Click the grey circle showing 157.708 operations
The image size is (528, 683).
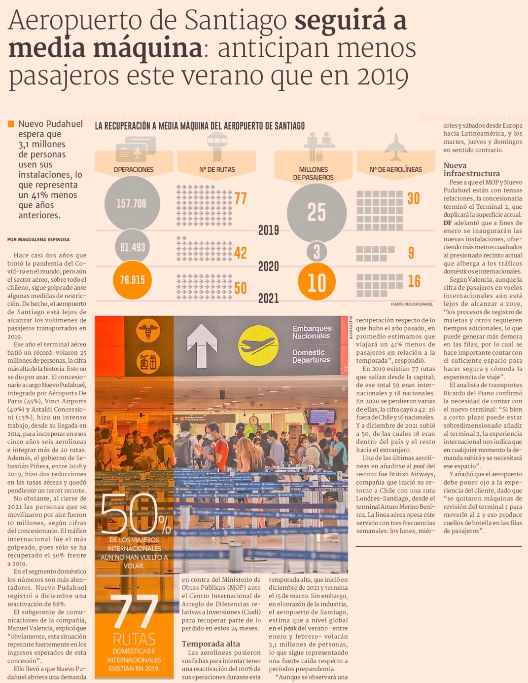click(132, 203)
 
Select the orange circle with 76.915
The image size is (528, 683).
click(132, 280)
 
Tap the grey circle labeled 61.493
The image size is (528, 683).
click(132, 247)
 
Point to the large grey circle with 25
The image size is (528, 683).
click(317, 211)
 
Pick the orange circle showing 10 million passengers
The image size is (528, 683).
click(317, 283)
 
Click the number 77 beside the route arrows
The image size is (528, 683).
click(241, 198)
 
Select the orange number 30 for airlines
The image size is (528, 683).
click(414, 198)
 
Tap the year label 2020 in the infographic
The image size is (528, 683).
click(269, 266)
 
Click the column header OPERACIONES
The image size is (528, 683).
click(133, 169)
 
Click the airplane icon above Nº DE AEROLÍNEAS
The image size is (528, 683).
click(395, 147)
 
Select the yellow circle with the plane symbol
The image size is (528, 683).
click(258, 345)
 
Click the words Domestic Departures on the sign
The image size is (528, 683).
click(311, 356)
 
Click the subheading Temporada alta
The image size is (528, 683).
click(211, 644)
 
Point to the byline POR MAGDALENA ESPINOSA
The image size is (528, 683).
click(38, 239)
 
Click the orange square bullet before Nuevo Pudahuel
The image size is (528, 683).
click(11, 124)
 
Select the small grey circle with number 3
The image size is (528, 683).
click(317, 252)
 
